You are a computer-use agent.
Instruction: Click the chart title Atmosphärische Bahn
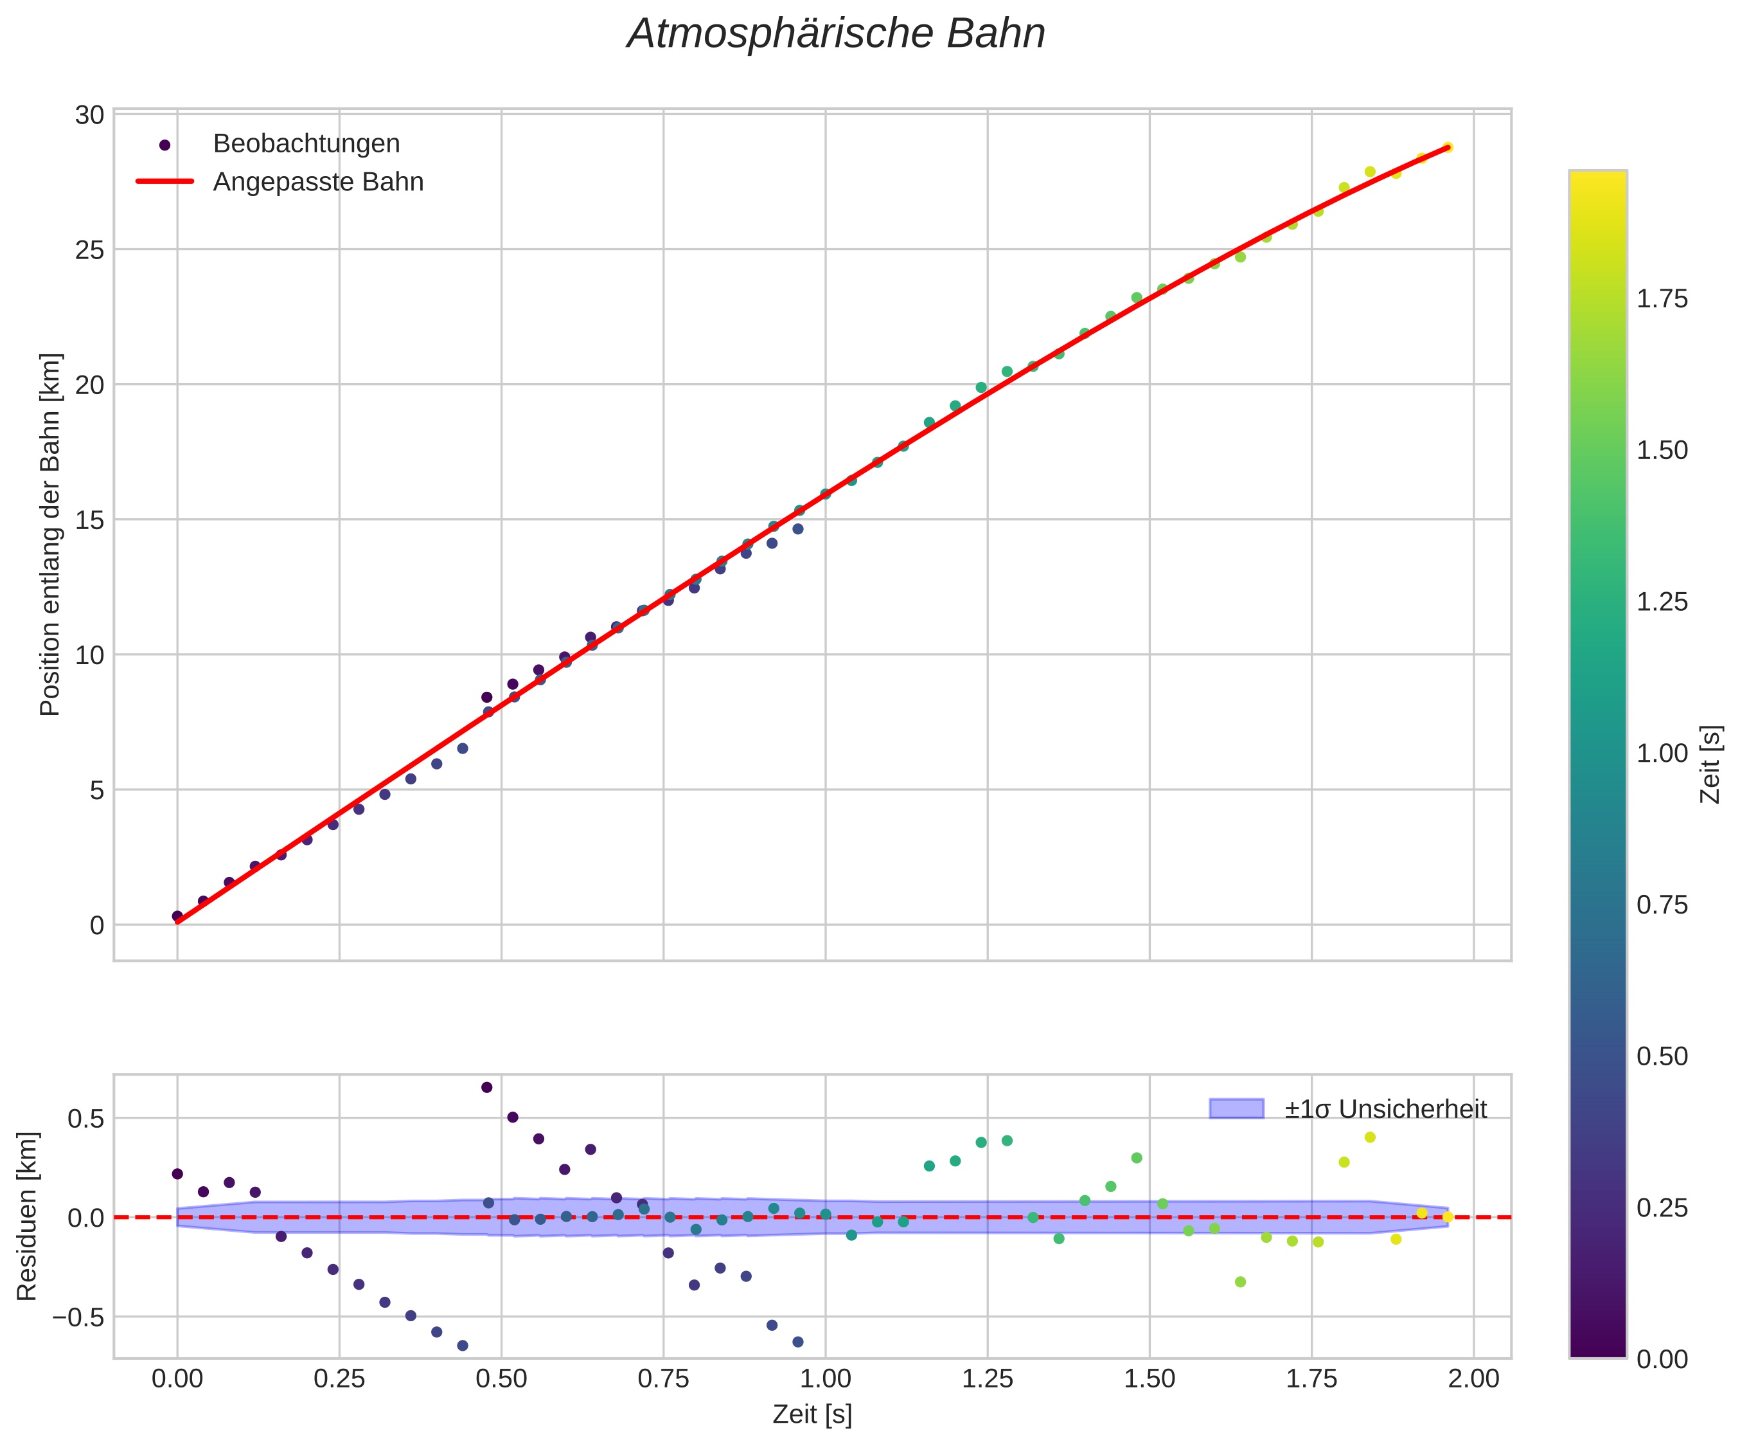point(836,35)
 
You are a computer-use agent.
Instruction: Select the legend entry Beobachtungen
point(306,144)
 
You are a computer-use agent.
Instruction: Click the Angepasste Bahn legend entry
point(318,183)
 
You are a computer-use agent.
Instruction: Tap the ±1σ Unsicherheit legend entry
point(1385,1109)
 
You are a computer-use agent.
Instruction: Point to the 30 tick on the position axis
point(89,115)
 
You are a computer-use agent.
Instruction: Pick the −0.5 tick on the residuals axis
point(80,1316)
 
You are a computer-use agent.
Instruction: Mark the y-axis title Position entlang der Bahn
point(51,535)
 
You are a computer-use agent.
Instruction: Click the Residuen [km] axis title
point(28,1216)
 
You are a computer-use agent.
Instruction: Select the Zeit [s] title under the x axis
point(812,1415)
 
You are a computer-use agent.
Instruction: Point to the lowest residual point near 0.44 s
point(463,1346)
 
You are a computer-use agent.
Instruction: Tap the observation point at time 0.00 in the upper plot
point(177,916)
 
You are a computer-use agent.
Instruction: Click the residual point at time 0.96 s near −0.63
point(798,1341)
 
